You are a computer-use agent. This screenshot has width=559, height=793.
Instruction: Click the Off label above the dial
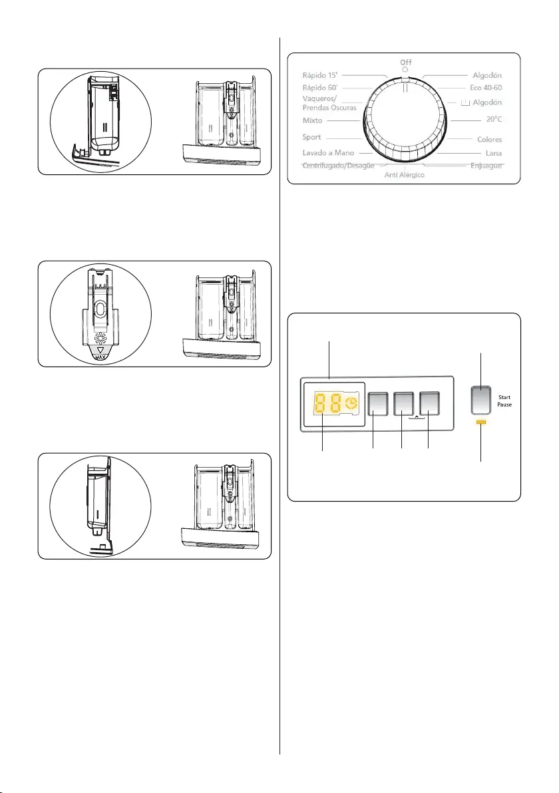(x=405, y=62)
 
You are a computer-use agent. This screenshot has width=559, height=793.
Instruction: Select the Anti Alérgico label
(x=405, y=174)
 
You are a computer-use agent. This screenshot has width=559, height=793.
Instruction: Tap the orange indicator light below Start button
(x=481, y=422)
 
